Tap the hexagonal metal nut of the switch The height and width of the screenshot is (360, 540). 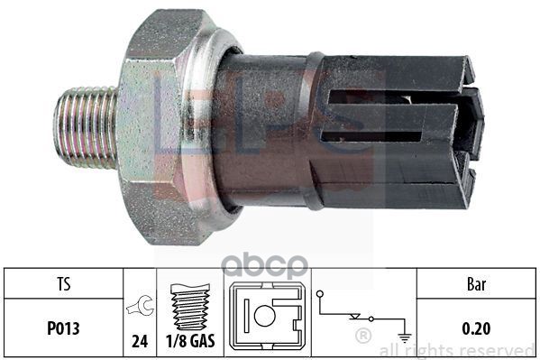pyautogui.click(x=162, y=126)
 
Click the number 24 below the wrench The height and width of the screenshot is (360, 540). pyautogui.click(x=141, y=342)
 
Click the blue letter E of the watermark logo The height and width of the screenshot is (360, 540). pyautogui.click(x=177, y=108)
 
